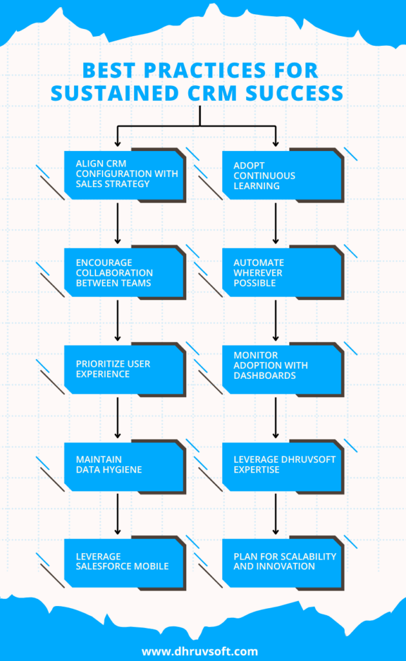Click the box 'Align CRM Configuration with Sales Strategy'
tap(123, 175)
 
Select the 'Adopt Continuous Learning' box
tap(281, 175)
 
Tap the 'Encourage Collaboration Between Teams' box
tap(123, 272)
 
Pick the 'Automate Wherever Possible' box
tap(281, 272)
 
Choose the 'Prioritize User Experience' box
tap(123, 369)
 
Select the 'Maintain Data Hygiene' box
tap(123, 465)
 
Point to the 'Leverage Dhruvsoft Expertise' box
tap(281, 465)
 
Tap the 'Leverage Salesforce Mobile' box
tap(123, 561)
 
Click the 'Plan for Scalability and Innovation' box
tap(281, 561)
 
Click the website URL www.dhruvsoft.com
tap(200, 651)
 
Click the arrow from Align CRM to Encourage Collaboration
tap(117, 223)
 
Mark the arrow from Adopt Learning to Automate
tap(276, 223)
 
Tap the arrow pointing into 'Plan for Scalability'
tap(276, 514)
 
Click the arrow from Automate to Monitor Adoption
tap(276, 320)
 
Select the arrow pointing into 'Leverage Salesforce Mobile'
tap(117, 514)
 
